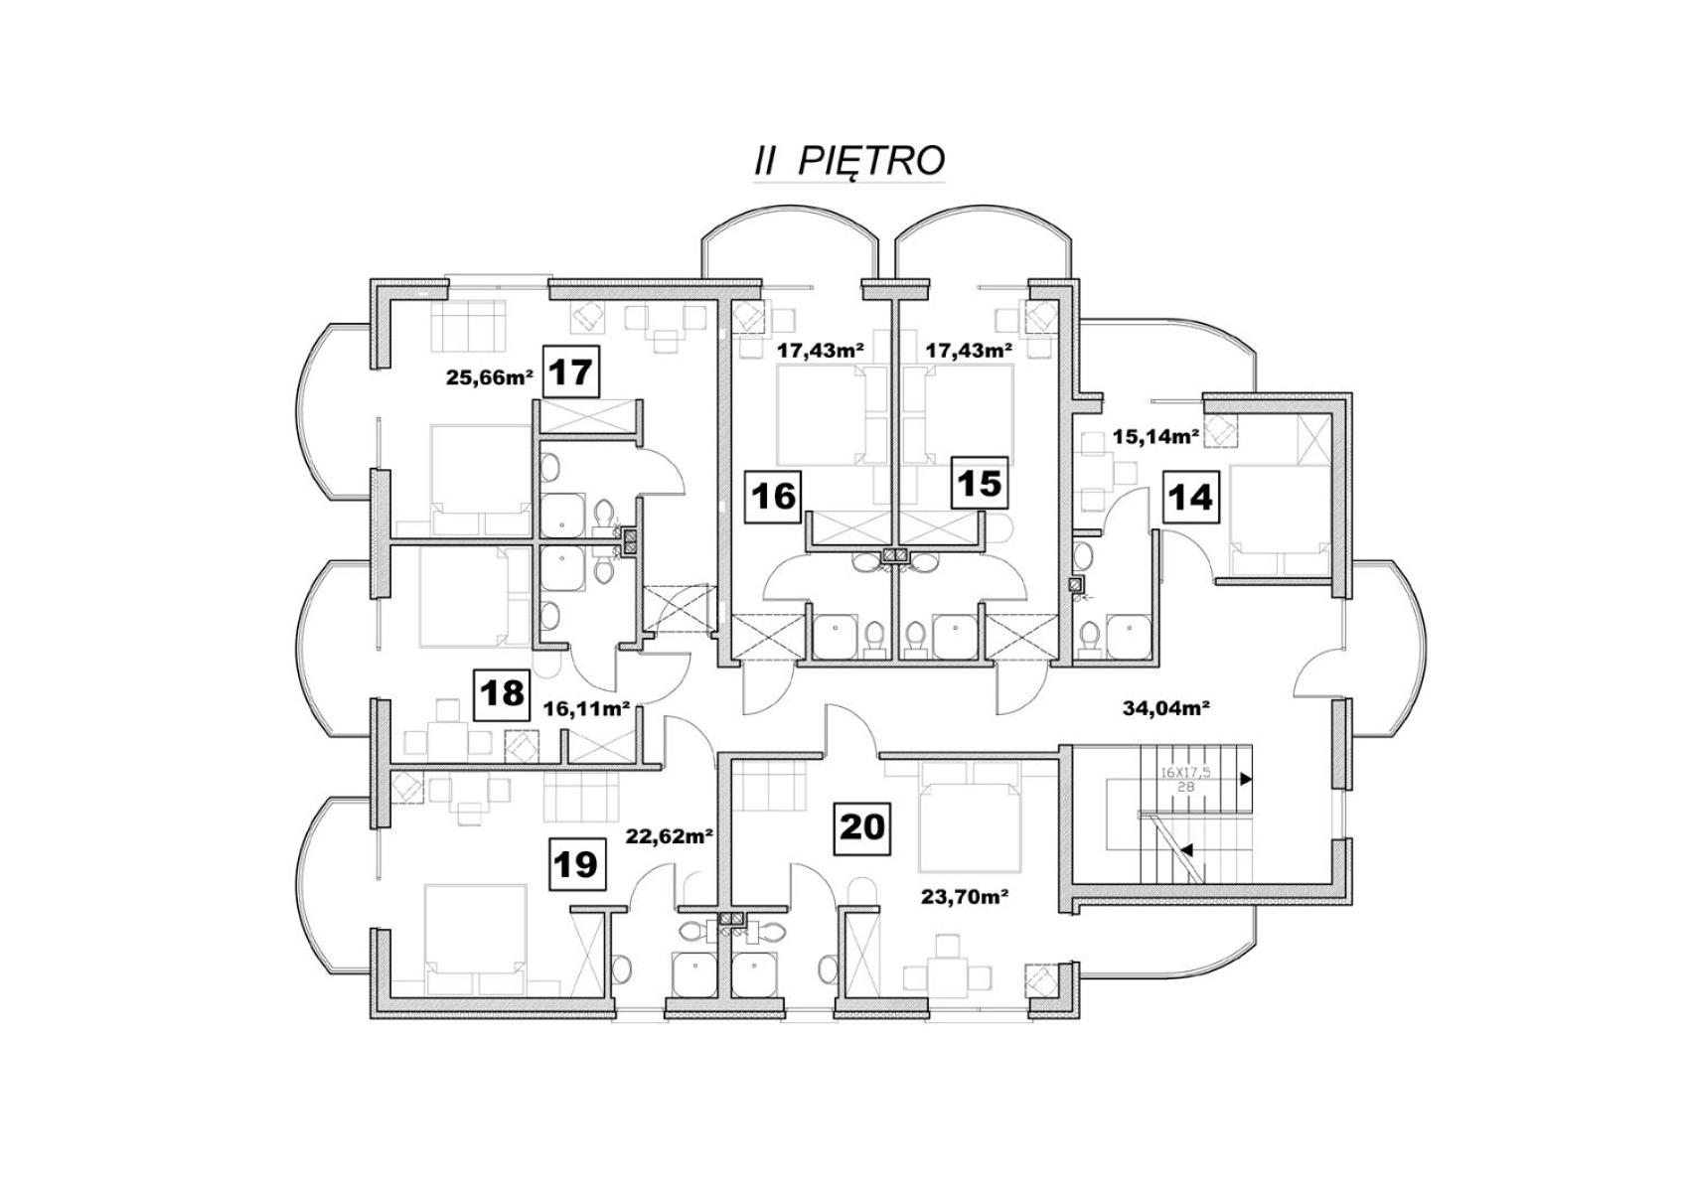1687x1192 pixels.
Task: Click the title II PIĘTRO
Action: (x=848, y=160)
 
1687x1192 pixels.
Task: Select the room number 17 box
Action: (x=571, y=372)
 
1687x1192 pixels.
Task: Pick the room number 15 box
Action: (x=980, y=483)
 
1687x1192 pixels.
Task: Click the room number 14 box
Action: (x=1190, y=497)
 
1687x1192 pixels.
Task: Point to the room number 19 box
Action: (x=576, y=864)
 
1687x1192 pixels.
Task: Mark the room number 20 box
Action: (x=862, y=828)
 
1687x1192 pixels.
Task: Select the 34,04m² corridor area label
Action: (x=1166, y=708)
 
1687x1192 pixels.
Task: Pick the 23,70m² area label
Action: (x=965, y=896)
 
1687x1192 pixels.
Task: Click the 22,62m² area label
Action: (x=671, y=835)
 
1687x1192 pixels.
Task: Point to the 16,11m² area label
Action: (x=587, y=708)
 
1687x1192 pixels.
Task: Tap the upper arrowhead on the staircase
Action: (x=1247, y=780)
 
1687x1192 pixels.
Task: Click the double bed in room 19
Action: (x=475, y=941)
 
